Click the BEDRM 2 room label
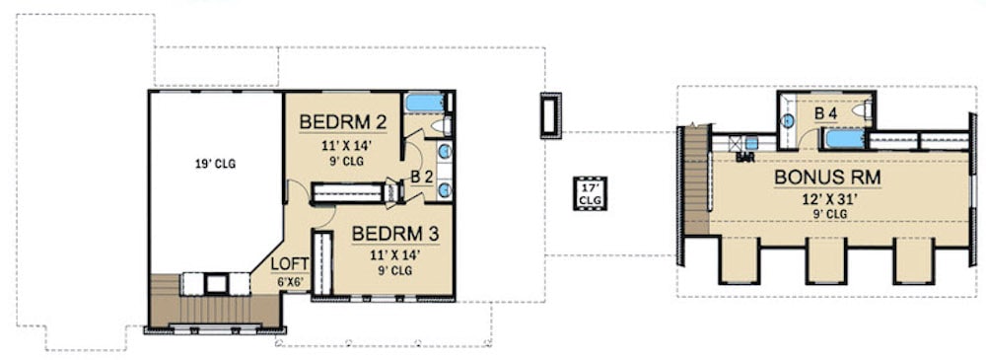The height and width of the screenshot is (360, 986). tap(342, 122)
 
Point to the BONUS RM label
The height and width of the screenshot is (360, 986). tap(826, 178)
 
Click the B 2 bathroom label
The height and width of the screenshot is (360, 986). tap(421, 178)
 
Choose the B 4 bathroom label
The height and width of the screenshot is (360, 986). tap(826, 114)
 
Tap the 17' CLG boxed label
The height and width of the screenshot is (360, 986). tap(591, 193)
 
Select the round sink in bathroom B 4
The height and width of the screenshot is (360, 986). tap(789, 120)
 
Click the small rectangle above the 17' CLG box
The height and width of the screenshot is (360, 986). tap(550, 114)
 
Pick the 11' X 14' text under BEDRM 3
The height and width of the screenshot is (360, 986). tap(394, 254)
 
